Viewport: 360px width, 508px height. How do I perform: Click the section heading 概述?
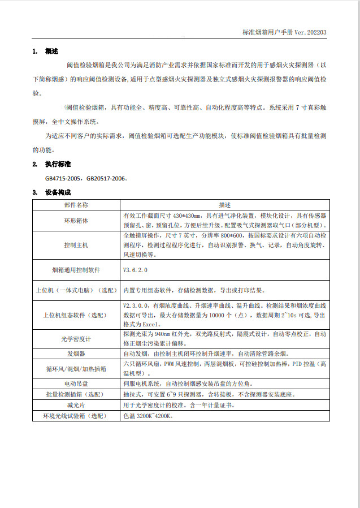click(51, 51)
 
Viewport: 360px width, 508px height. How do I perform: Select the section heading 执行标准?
click(58, 164)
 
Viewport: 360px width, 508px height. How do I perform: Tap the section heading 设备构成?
click(58, 192)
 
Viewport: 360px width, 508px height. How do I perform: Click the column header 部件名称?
click(76, 204)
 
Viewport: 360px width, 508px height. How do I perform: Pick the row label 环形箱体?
click(76, 219)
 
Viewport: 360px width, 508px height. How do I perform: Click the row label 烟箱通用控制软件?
click(76, 270)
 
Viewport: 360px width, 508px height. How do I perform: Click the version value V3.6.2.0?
click(135, 270)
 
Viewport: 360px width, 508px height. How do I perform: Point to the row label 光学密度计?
click(76, 339)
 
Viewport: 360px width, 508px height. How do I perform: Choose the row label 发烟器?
click(76, 354)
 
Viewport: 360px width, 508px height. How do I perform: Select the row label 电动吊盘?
click(76, 384)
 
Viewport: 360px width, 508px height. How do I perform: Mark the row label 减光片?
click(76, 405)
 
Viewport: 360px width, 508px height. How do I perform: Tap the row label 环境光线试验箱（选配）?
click(76, 416)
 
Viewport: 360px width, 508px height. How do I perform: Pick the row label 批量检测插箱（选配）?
click(76, 394)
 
